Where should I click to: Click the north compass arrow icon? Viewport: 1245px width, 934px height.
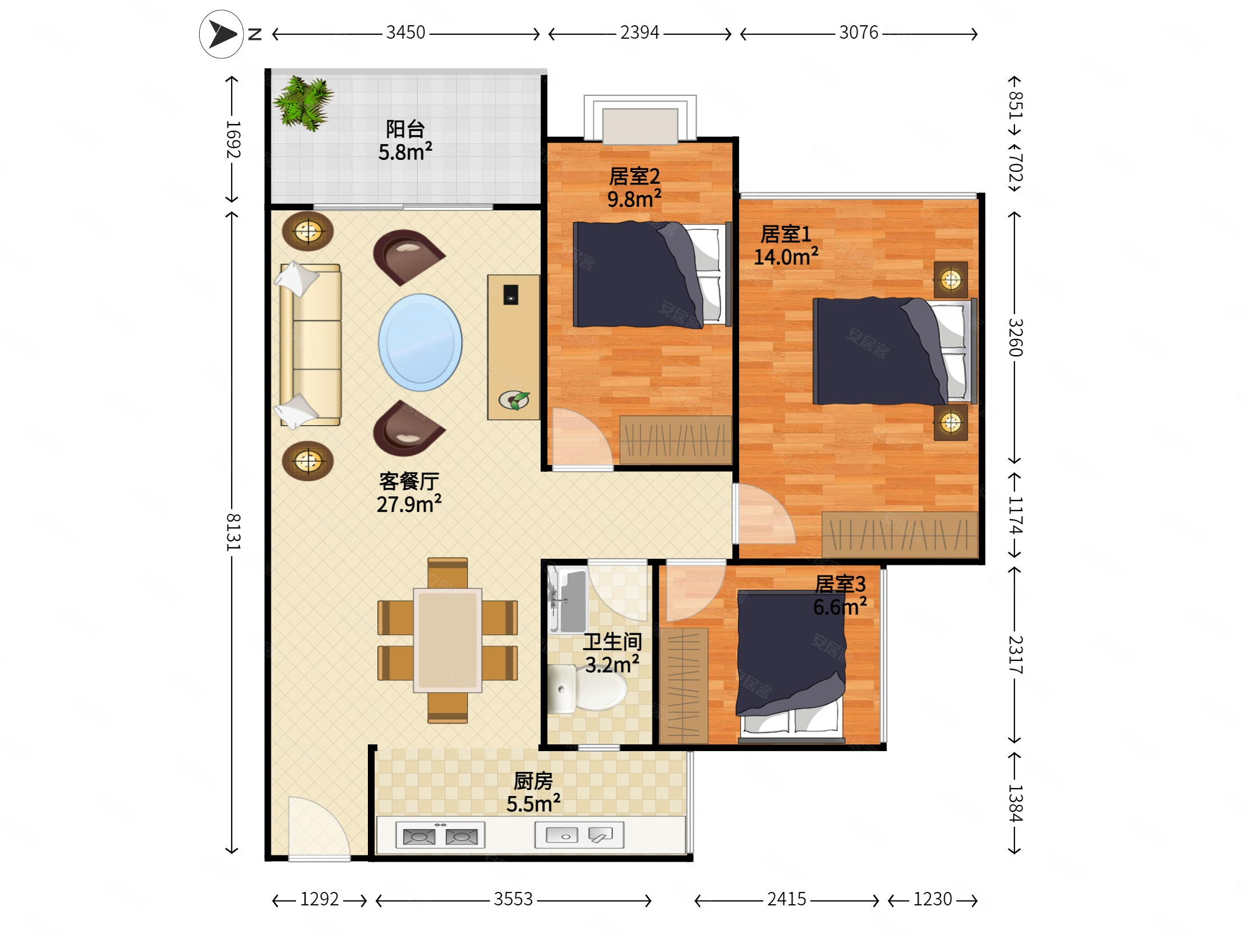point(221,34)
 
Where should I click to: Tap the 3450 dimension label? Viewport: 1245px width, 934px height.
point(405,33)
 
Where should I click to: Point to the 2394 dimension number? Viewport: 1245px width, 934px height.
point(639,33)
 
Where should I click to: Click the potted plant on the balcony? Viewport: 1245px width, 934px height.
point(304,103)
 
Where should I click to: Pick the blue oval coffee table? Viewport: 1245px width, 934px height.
point(420,342)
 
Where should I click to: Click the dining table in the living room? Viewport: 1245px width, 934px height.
point(448,640)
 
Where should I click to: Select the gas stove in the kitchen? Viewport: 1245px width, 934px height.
point(440,835)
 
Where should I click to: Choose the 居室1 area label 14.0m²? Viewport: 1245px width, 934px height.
point(786,257)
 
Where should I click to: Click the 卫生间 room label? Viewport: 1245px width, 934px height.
point(612,642)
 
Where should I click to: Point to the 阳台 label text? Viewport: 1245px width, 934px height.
point(405,129)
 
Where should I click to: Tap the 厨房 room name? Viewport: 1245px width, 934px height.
point(533,781)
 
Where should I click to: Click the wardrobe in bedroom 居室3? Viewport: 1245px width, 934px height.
point(684,685)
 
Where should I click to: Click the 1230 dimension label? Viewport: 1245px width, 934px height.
point(932,899)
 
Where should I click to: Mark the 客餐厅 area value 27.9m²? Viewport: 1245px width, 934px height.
point(409,504)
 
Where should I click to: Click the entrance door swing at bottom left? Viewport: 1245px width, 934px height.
point(319,827)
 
